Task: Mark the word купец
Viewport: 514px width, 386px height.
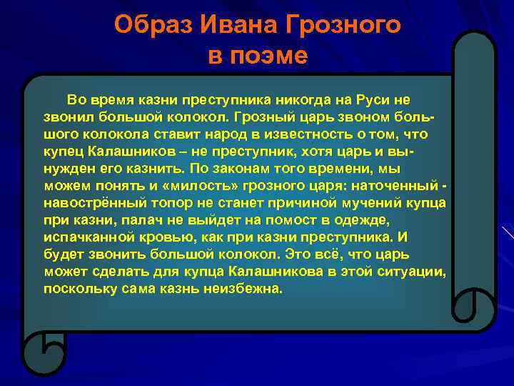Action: [64, 152]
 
